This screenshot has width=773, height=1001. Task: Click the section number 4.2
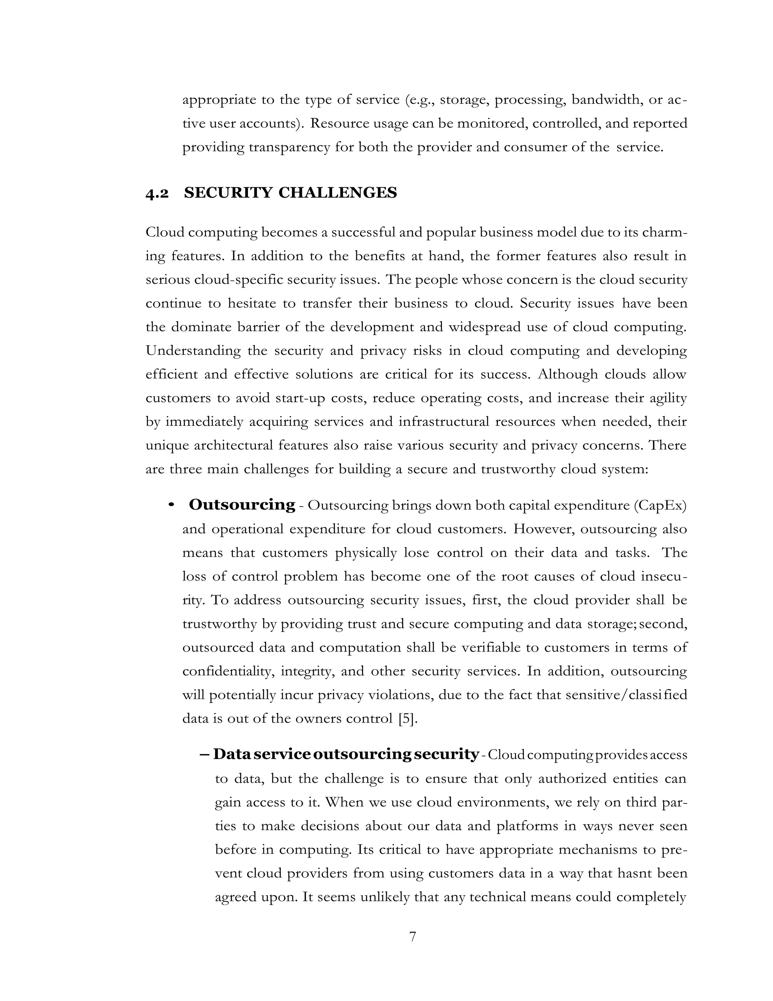157,194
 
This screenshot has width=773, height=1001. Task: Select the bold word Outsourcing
242,505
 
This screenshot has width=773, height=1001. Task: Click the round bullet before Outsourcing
171,505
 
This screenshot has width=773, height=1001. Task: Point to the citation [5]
408,719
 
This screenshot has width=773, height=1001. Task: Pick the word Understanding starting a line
193,351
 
